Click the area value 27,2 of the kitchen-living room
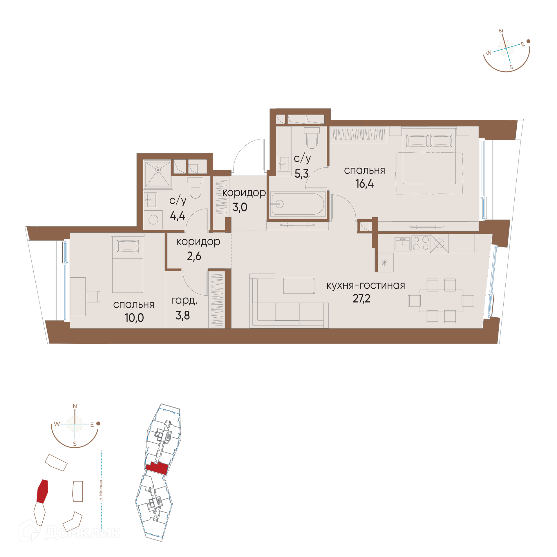(x=361, y=299)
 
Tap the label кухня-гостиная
(x=366, y=285)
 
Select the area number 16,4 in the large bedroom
(x=365, y=184)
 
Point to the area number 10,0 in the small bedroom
(x=134, y=318)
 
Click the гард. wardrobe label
(x=184, y=301)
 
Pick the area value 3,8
(x=183, y=315)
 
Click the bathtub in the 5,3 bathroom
(x=298, y=204)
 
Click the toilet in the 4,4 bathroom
(x=195, y=188)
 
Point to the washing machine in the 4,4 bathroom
(x=153, y=220)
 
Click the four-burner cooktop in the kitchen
(x=421, y=243)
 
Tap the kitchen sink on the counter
(x=402, y=244)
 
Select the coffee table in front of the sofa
(x=299, y=286)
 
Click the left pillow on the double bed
(x=417, y=141)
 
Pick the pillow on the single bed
(x=128, y=246)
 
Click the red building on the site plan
(x=42, y=491)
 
